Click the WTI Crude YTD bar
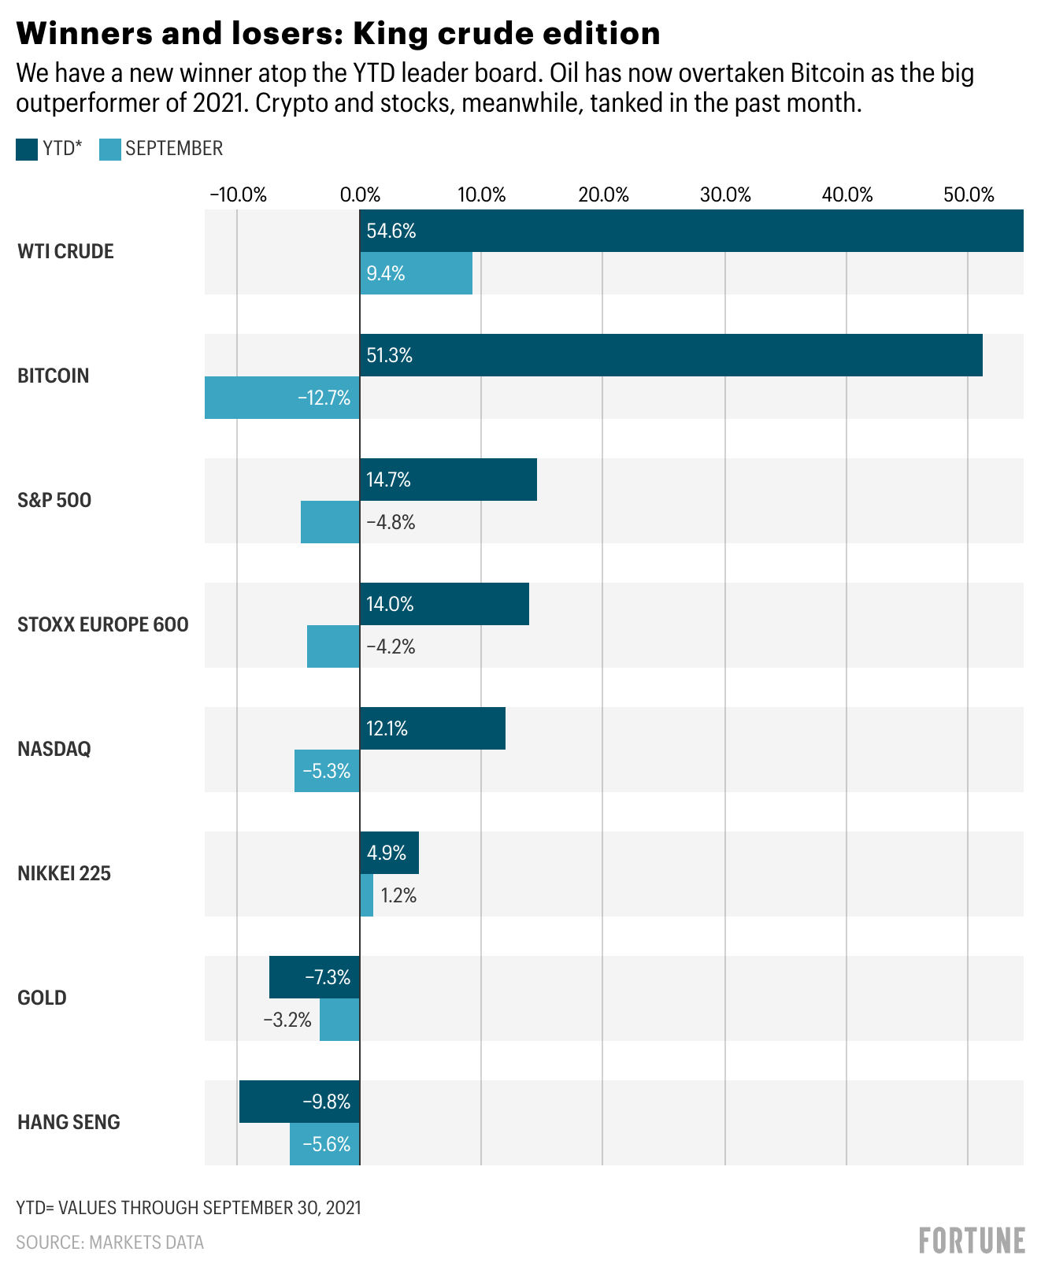[691, 231]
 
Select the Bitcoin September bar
[282, 398]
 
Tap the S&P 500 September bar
[330, 522]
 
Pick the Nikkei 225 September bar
[366, 895]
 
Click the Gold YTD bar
[314, 977]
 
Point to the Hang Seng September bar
[324, 1144]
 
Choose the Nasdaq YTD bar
[432, 728]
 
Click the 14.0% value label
[390, 604]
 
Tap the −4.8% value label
[391, 522]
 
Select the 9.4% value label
[386, 273]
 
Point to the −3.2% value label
[287, 1020]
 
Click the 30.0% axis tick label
[725, 194]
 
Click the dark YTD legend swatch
[27, 149]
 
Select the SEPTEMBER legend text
[174, 148]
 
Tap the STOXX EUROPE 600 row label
[103, 624]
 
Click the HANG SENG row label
[69, 1122]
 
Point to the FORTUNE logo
[972, 1240]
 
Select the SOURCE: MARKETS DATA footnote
[110, 1243]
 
